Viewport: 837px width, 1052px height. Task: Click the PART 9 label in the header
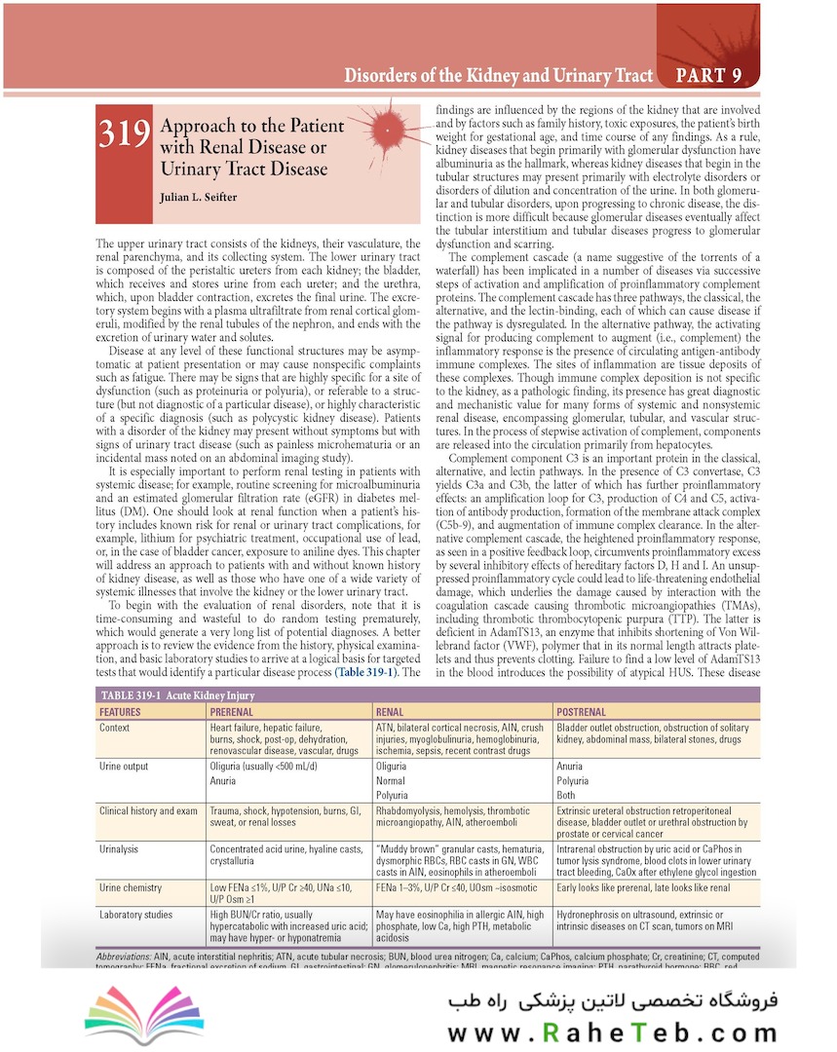[x=712, y=75]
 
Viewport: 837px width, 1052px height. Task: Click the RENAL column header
[x=390, y=712]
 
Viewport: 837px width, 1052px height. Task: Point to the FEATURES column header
[x=120, y=712]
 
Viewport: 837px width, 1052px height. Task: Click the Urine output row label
[x=124, y=767]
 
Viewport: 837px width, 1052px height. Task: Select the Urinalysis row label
[x=122, y=848]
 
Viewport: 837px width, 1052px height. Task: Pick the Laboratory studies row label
[x=137, y=916]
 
